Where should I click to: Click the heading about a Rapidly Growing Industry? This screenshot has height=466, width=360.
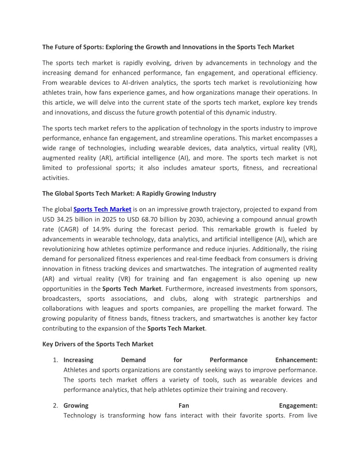(x=129, y=193)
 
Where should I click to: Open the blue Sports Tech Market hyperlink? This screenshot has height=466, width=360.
(x=102, y=209)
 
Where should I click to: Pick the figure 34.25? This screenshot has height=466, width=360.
(x=64, y=219)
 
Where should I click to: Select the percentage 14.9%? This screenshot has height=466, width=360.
(x=102, y=229)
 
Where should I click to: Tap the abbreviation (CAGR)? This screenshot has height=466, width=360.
(x=67, y=229)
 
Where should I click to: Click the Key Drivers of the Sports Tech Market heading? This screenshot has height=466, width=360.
(x=97, y=344)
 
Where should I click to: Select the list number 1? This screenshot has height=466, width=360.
(x=56, y=360)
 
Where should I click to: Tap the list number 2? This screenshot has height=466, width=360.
(x=56, y=406)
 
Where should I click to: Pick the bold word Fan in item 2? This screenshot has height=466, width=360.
(x=184, y=406)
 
